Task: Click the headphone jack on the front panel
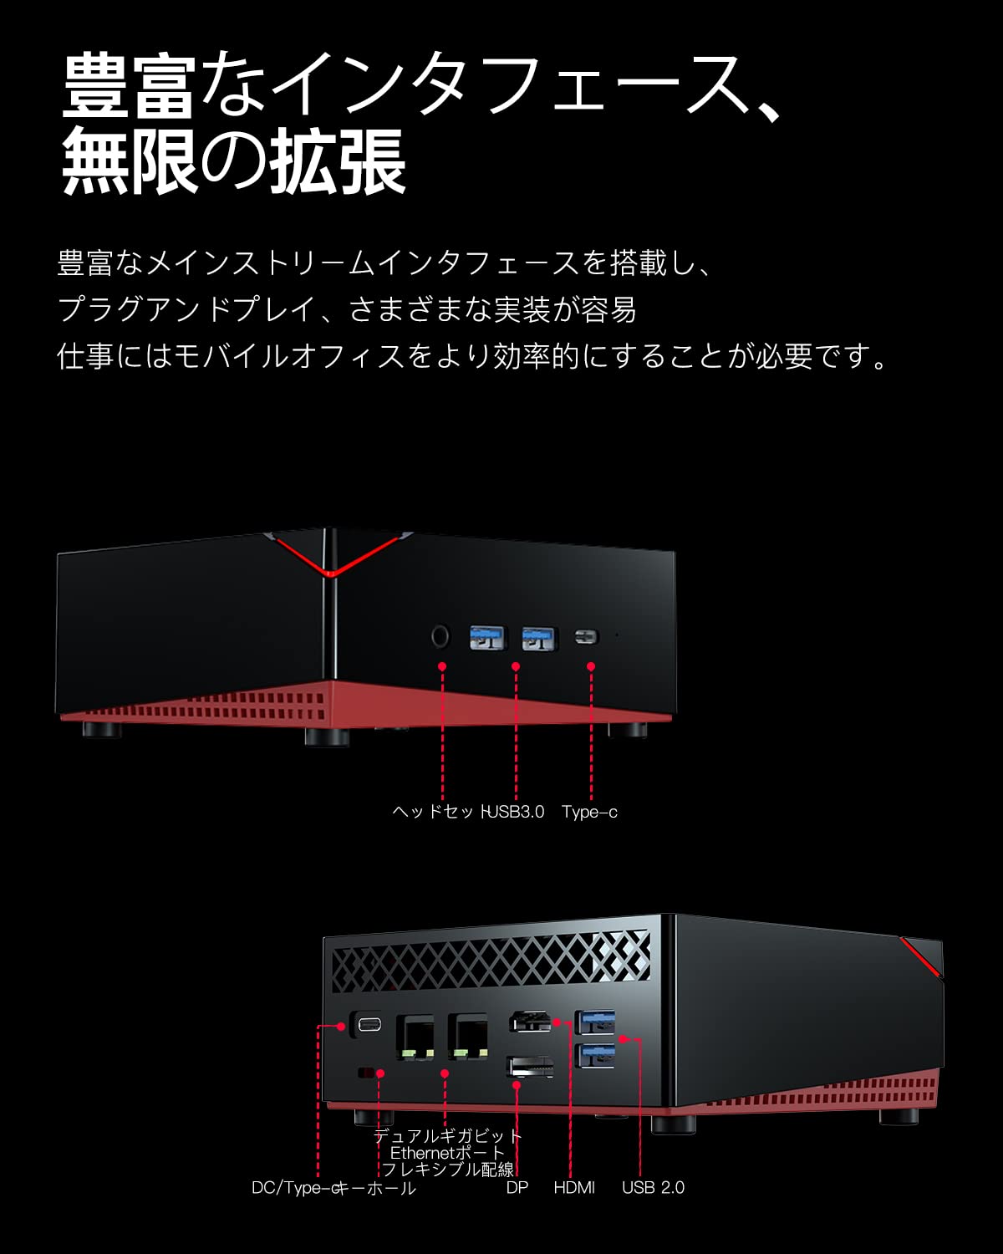click(440, 637)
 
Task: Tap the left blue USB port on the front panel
click(487, 638)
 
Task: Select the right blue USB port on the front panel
click(539, 638)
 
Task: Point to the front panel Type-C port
click(587, 637)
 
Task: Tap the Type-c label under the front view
click(589, 812)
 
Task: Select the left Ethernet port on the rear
click(415, 1037)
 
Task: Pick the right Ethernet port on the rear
click(467, 1037)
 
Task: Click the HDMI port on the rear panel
click(530, 1022)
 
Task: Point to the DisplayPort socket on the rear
click(530, 1067)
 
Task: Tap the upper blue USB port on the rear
click(595, 1021)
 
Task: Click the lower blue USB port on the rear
click(595, 1053)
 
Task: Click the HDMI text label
click(574, 1188)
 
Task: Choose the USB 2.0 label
click(653, 1188)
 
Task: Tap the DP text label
click(517, 1188)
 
